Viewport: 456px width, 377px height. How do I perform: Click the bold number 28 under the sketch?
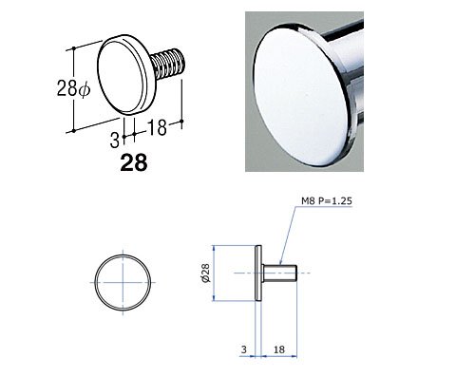(134, 162)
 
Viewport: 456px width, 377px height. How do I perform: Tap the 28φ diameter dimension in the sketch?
(73, 88)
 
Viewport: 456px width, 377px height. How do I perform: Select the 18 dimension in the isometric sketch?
(157, 127)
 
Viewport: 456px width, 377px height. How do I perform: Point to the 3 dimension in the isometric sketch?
(114, 141)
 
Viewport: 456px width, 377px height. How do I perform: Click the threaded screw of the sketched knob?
(166, 65)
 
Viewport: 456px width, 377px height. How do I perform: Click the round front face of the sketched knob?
(119, 75)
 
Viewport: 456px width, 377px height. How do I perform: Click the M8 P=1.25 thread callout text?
(327, 201)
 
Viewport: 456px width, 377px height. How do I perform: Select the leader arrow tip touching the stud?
(280, 264)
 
